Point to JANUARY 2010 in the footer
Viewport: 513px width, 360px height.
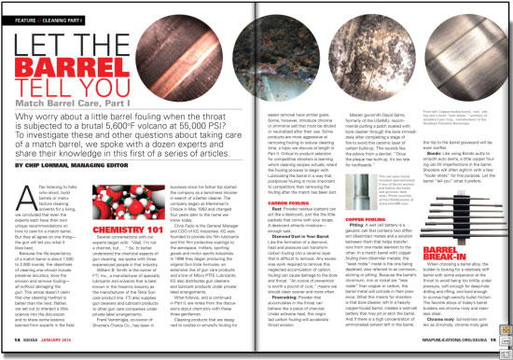[64, 341]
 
